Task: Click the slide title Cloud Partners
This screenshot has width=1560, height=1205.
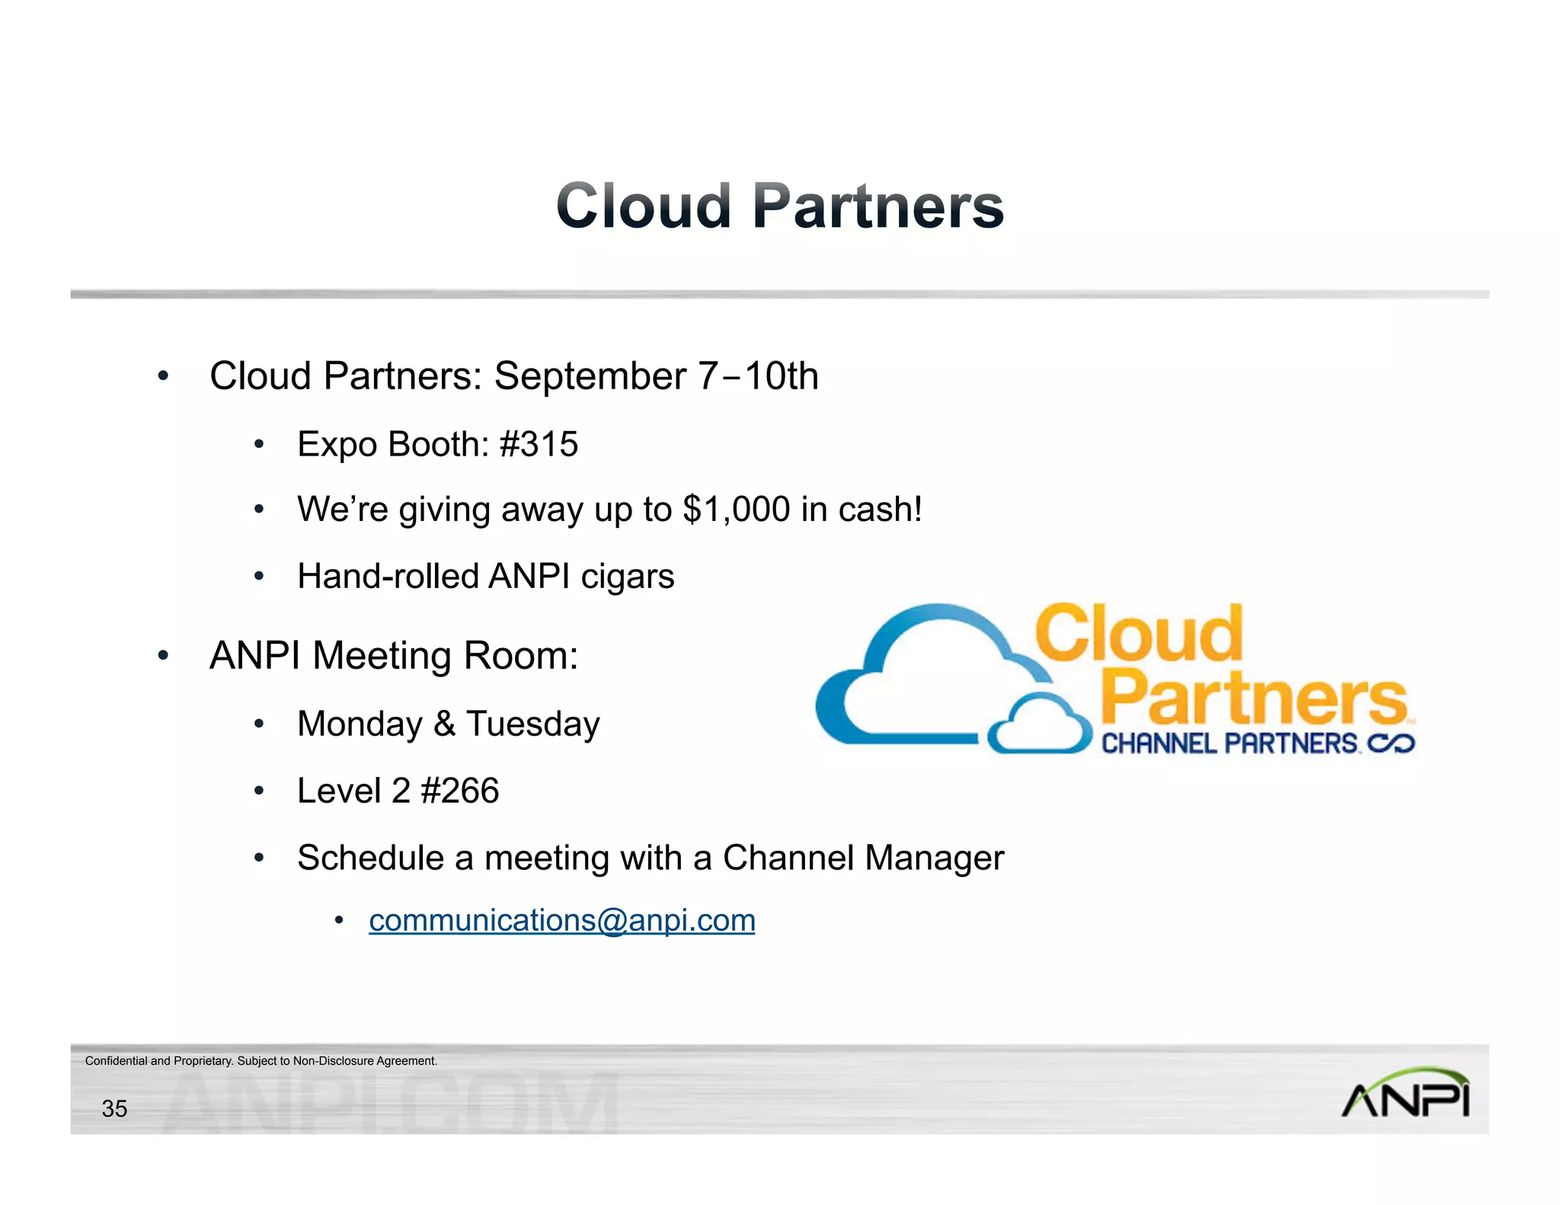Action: point(780,206)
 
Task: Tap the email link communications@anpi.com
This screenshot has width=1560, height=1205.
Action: point(561,920)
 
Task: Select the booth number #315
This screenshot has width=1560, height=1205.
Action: point(539,444)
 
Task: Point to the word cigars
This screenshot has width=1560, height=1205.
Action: point(628,577)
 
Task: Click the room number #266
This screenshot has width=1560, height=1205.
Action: point(459,791)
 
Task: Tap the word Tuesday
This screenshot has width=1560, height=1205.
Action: point(532,724)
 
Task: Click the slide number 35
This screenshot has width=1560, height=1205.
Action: point(114,1108)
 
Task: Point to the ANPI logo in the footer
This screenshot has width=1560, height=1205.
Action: point(1405,1093)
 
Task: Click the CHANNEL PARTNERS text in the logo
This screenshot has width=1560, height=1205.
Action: point(1229,743)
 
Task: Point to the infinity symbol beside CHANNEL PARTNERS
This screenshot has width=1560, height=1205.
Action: point(1392,743)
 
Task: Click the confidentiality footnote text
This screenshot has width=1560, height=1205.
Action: point(261,1061)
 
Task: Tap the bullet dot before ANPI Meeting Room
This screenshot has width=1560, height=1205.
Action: point(162,656)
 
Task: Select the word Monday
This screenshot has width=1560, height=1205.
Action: point(360,724)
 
